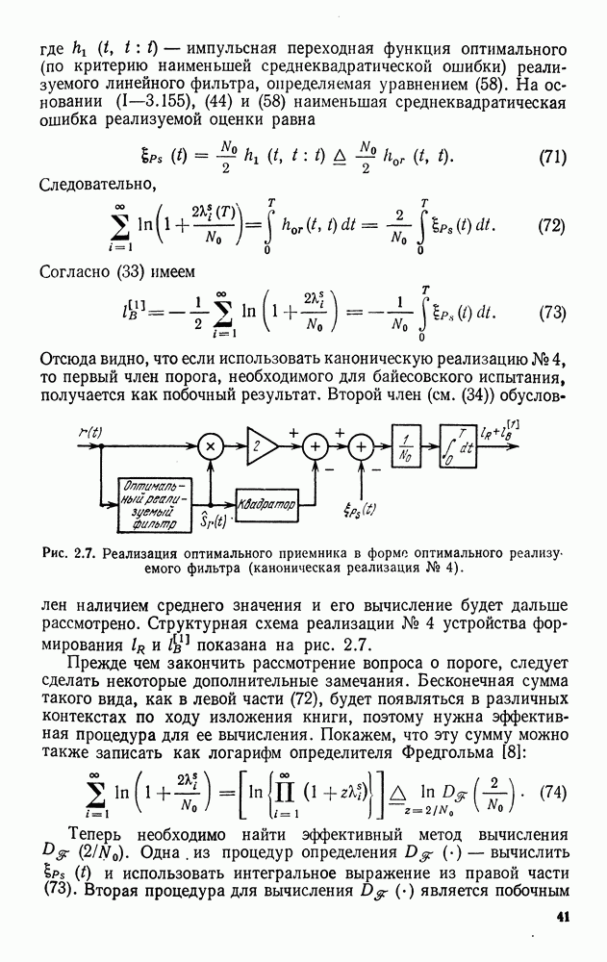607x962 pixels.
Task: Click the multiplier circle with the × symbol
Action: pos(209,446)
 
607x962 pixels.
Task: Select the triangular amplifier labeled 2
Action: pos(261,445)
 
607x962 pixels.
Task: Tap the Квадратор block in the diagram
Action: pos(267,504)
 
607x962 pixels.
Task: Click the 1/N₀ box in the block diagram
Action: pos(408,446)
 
